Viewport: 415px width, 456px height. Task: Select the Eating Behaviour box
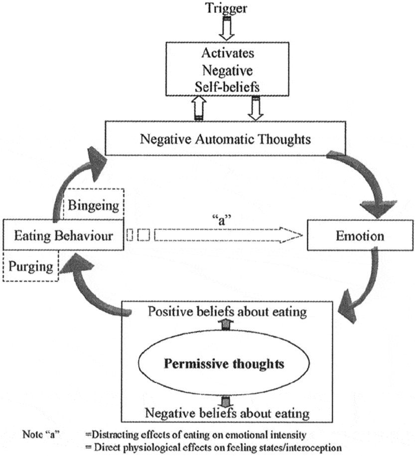tap(62, 235)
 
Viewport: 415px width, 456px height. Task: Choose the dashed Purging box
tap(30, 266)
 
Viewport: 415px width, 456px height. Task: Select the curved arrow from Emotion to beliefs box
tap(364, 289)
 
